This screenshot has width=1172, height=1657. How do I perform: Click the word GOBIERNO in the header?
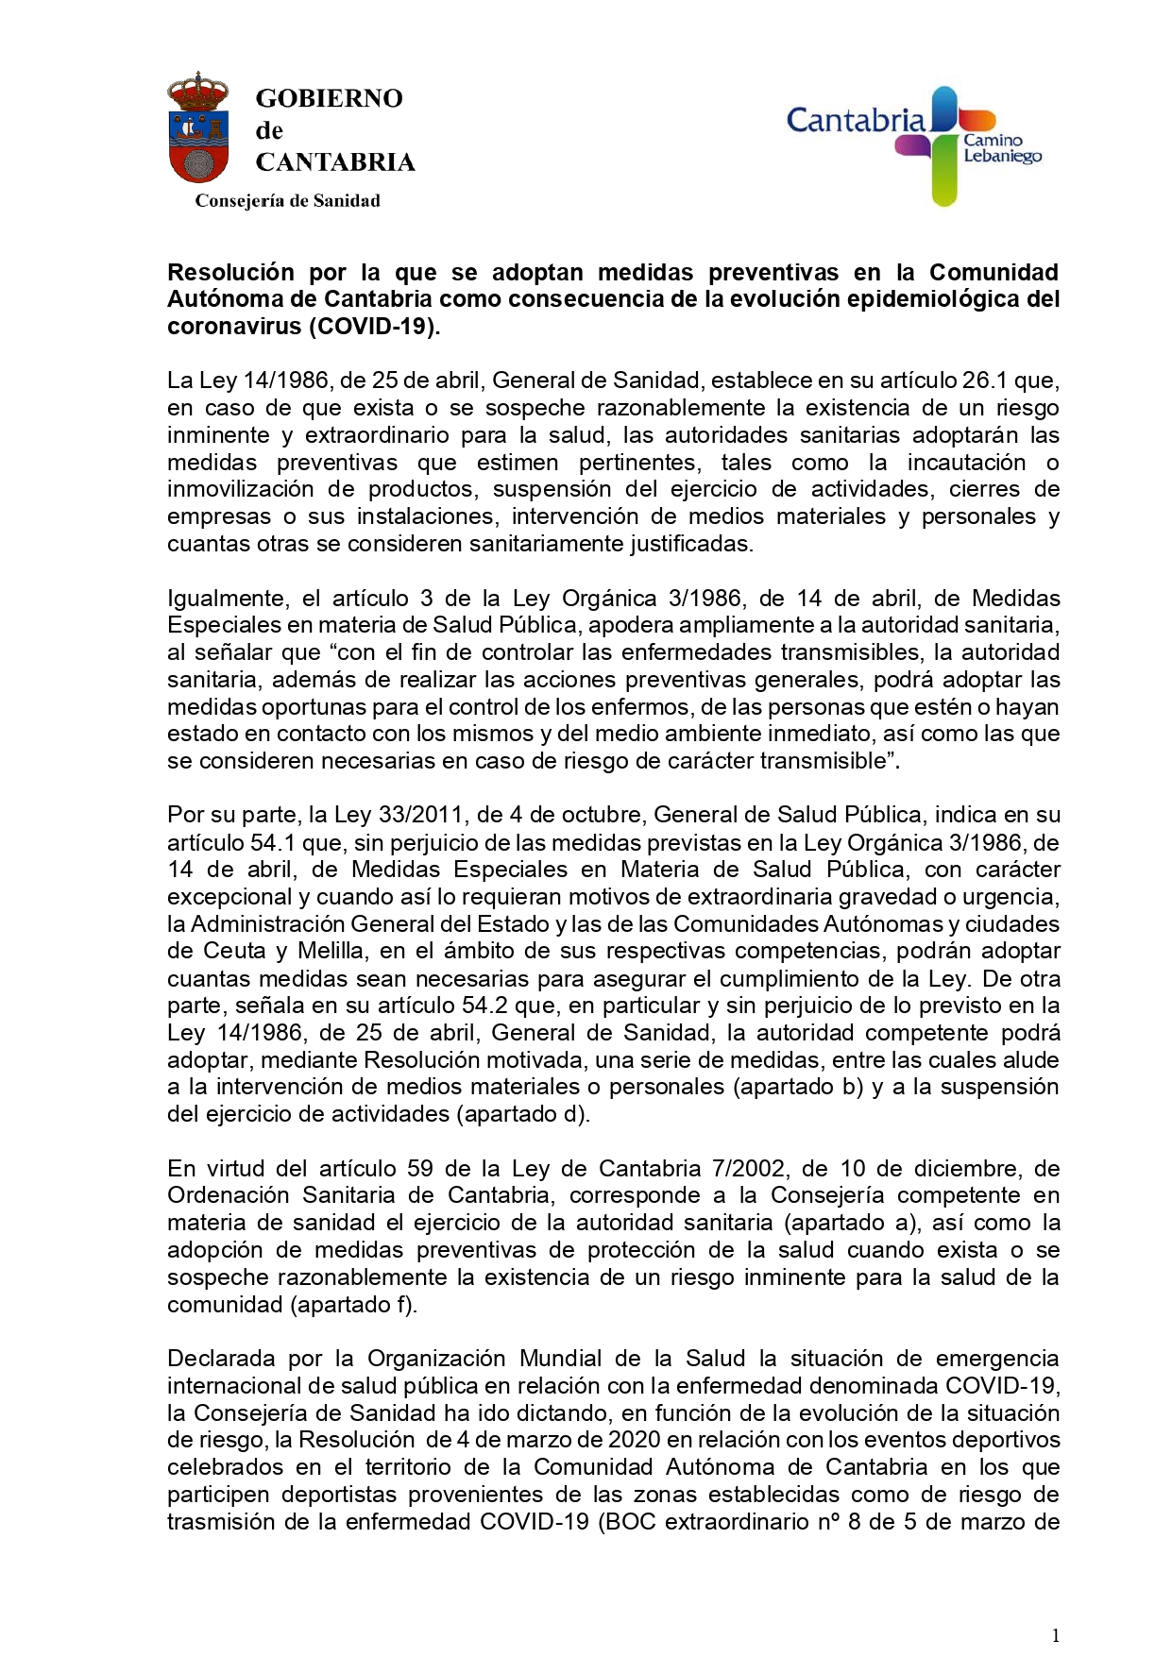pyautogui.click(x=329, y=98)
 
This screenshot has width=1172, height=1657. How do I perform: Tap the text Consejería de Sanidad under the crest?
pyautogui.click(x=287, y=200)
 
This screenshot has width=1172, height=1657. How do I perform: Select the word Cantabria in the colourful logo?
pyautogui.click(x=856, y=121)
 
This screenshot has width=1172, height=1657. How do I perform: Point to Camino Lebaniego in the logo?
pyautogui.click(x=1001, y=148)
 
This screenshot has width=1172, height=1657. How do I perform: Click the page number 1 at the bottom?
pyautogui.click(x=1055, y=1635)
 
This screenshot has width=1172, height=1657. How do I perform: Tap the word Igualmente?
pyautogui.click(x=228, y=599)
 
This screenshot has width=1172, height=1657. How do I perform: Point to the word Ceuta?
pyautogui.click(x=231, y=951)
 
